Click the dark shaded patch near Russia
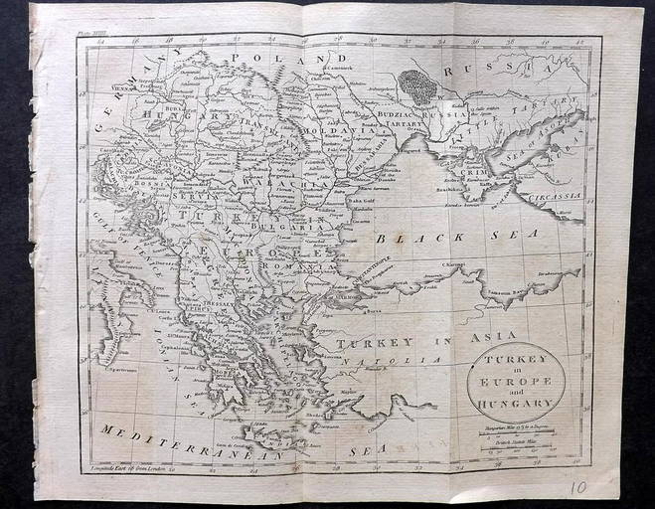[x=420, y=86]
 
